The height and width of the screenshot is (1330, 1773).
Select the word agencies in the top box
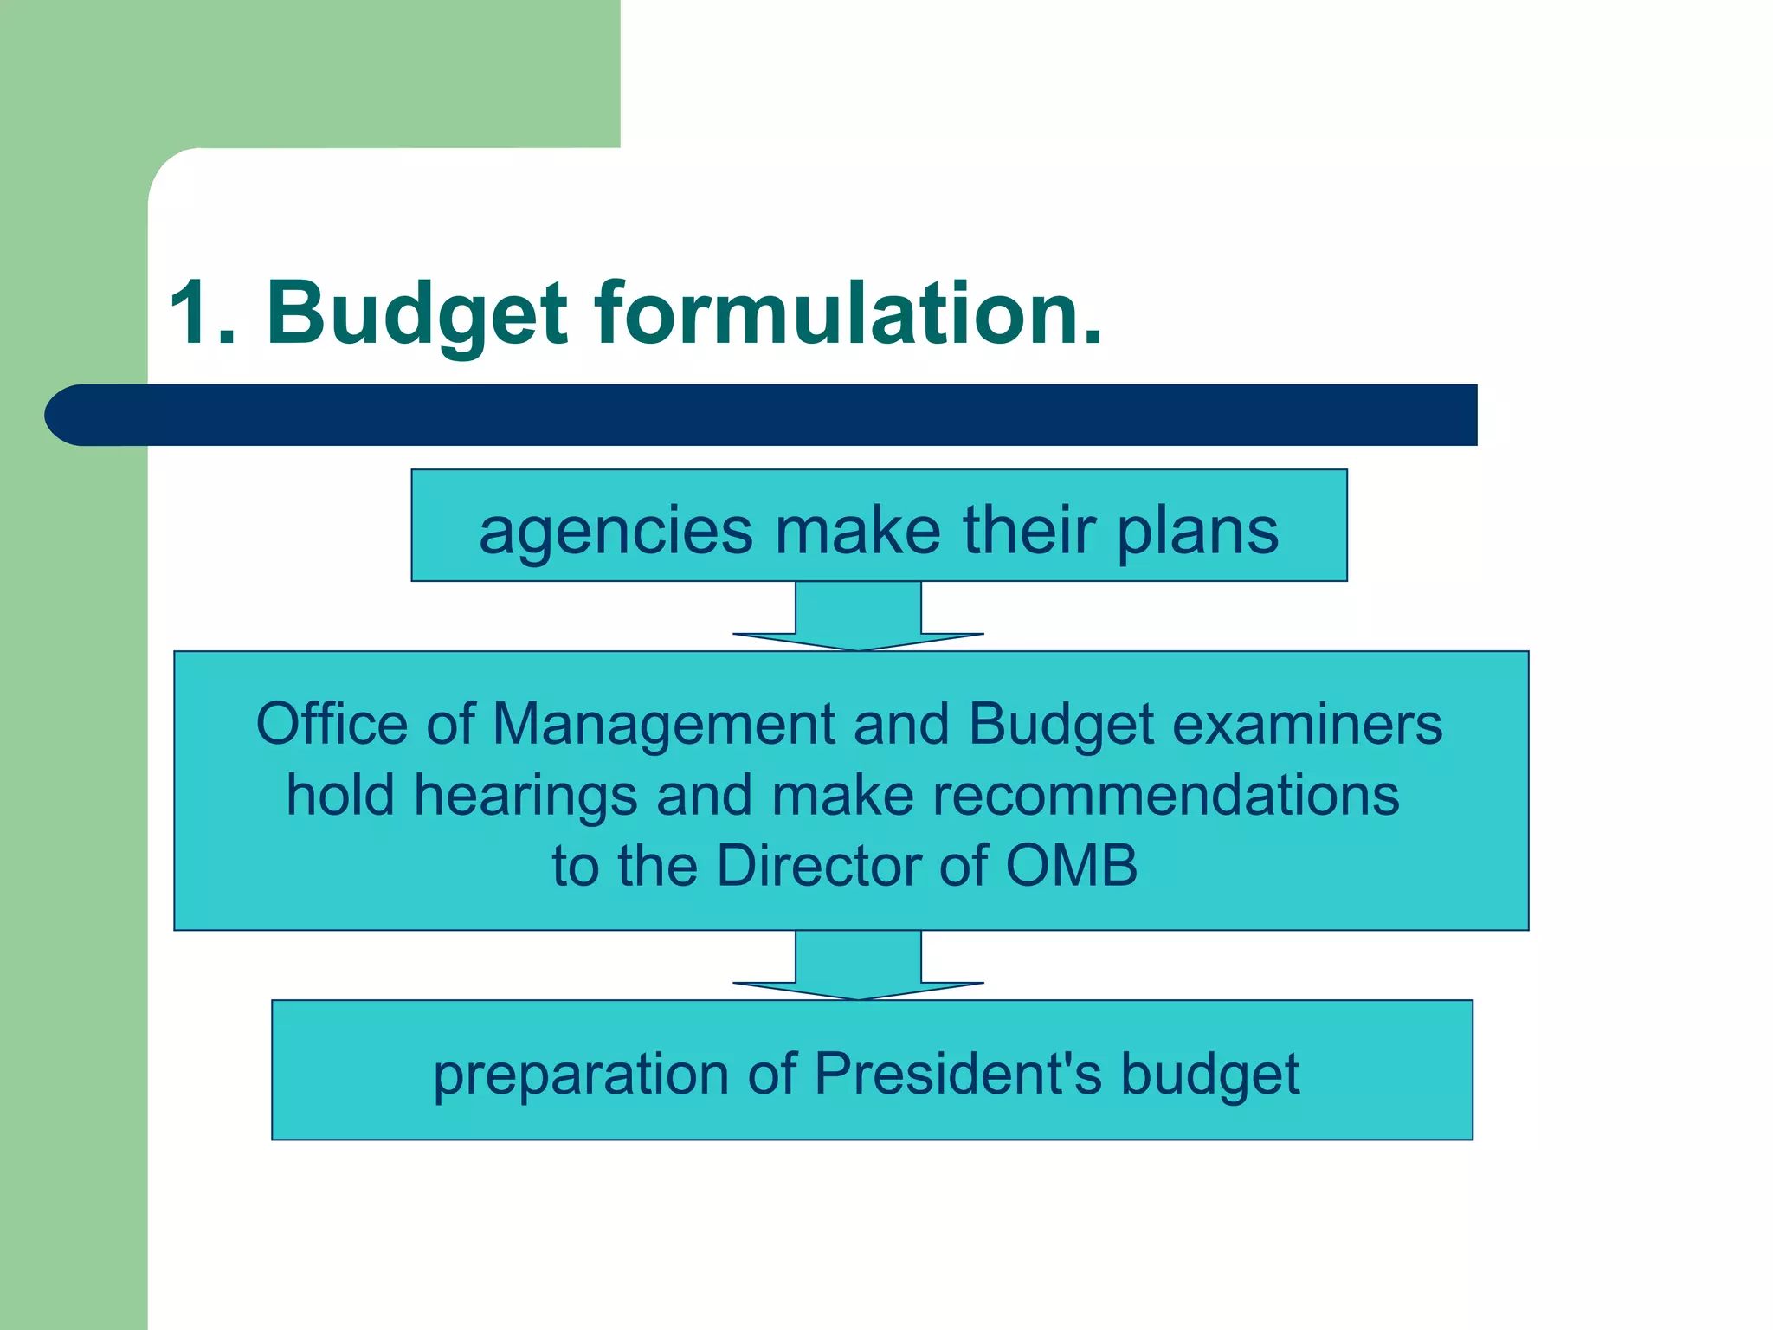pyautogui.click(x=616, y=532)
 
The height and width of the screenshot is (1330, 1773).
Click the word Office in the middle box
pyautogui.click(x=332, y=724)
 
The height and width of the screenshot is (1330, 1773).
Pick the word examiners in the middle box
pyautogui.click(x=1307, y=724)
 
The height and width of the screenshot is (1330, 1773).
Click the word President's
pyautogui.click(x=958, y=1074)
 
